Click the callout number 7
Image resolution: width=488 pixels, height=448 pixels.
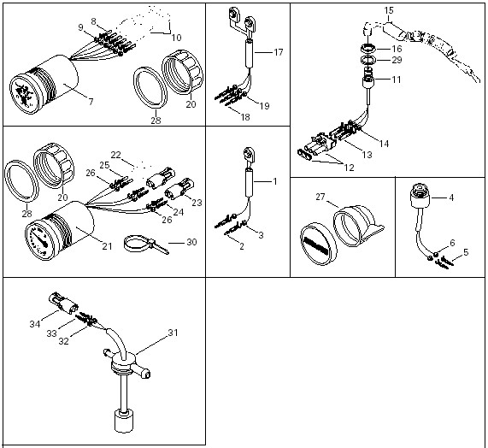point(91,102)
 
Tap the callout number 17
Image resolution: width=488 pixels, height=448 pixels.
point(279,52)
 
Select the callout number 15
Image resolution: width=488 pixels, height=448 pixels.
point(389,10)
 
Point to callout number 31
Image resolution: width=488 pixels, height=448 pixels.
point(173,333)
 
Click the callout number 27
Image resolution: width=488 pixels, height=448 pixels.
point(320,197)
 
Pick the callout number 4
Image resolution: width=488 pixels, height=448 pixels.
point(451,197)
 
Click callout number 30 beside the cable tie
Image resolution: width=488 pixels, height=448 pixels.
point(191,242)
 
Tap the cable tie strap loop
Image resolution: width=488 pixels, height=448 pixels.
point(137,244)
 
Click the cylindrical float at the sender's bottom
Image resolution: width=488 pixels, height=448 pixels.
point(124,421)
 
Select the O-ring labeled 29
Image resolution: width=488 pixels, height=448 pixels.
point(368,60)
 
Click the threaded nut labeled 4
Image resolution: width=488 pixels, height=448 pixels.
point(420,195)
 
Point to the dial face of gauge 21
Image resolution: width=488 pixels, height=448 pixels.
point(38,239)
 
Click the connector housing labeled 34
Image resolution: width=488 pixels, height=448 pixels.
point(63,303)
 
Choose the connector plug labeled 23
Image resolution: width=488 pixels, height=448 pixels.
point(179,189)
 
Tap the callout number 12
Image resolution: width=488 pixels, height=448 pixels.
point(350,168)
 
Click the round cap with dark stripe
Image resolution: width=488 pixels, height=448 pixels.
point(319,244)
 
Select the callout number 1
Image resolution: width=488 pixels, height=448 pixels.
point(275,181)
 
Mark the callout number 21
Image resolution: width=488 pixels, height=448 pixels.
point(107,246)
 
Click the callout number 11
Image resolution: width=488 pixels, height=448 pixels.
point(397,80)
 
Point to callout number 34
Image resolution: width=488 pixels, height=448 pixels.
point(35,324)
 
